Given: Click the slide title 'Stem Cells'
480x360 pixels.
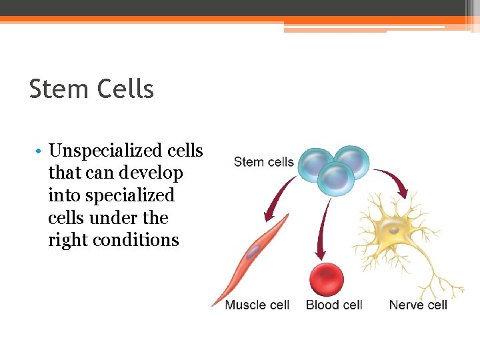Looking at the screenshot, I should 91,89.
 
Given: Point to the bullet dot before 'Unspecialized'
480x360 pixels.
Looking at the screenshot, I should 40,152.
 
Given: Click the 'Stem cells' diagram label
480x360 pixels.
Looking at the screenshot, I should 264,162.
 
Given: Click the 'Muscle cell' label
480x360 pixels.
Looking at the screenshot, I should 257,305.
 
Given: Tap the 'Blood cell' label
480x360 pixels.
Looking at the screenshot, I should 334,305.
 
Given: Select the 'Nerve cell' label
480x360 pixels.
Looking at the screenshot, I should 418,305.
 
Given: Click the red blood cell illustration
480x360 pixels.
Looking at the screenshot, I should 327,279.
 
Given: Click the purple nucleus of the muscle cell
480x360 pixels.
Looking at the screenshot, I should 253,253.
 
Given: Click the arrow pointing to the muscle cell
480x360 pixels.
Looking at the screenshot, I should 279,201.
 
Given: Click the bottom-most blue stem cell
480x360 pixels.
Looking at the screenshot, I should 335,180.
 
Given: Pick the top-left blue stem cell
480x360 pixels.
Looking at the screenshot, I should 315,163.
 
